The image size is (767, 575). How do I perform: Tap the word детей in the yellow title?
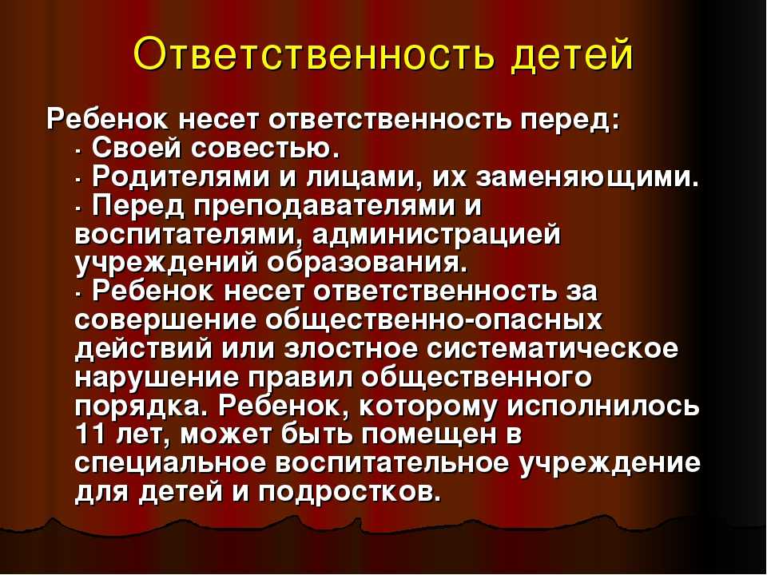click(572, 55)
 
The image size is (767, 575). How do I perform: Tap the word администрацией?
click(436, 237)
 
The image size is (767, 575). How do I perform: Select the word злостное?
click(351, 351)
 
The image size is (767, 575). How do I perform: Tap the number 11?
click(90, 434)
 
